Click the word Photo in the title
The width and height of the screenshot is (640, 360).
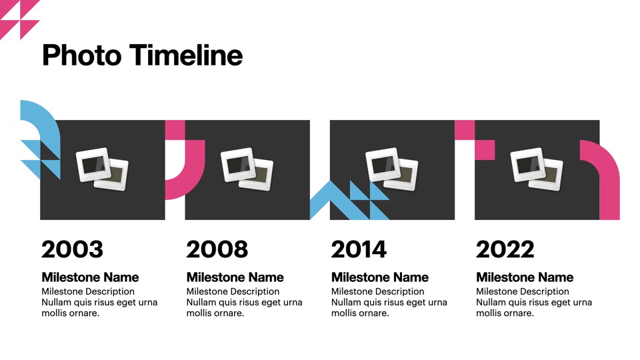pos(81,55)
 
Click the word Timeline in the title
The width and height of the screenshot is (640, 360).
pos(186,55)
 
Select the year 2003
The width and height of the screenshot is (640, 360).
pos(72,249)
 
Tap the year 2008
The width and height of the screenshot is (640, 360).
pos(217,249)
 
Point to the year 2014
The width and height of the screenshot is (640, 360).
pos(359,249)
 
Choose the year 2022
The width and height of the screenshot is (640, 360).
pos(505,249)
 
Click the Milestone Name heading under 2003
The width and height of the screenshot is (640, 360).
pos(90,277)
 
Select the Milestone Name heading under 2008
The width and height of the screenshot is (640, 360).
pos(235,277)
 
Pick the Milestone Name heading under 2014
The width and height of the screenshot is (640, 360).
pos(380,277)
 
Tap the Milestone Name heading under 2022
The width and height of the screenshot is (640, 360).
pos(525,277)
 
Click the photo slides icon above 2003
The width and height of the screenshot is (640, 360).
pos(102,169)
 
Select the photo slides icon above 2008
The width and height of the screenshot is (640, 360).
pos(247,169)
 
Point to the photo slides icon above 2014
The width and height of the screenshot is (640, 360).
pos(392,169)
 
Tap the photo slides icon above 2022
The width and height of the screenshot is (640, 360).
pos(537,169)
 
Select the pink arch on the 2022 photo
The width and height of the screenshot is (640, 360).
pos(608,175)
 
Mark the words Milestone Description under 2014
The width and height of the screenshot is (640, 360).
pos(377,291)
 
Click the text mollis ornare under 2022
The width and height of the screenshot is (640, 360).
pos(505,313)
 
